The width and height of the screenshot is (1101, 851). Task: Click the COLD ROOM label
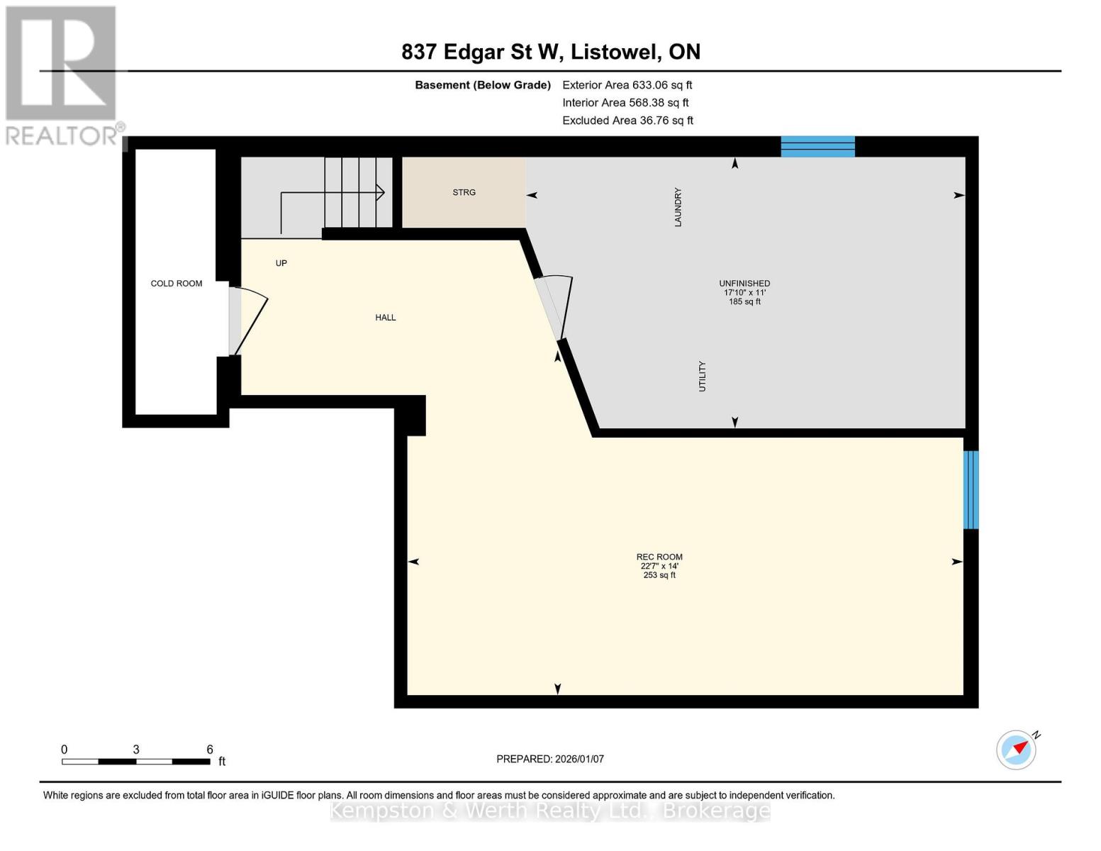(177, 284)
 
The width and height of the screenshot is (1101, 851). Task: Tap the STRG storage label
(464, 192)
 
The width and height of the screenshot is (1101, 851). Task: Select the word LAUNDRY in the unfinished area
(678, 207)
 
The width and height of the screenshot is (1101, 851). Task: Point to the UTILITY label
(703, 376)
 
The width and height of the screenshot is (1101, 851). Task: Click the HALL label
(386, 317)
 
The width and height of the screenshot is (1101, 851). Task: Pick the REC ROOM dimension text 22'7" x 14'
(660, 566)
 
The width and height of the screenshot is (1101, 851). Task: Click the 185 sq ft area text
(745, 301)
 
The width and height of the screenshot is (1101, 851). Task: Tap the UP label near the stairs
(281, 263)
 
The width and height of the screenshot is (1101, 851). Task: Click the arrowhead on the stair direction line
(381, 193)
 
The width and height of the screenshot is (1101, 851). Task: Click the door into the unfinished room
(555, 307)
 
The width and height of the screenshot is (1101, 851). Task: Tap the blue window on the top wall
(817, 147)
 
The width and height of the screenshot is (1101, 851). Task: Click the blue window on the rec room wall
(971, 489)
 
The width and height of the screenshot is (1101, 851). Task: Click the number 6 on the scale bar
(210, 749)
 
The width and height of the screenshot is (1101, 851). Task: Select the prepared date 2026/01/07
(580, 760)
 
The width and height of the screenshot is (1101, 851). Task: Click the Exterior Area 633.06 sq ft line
(627, 85)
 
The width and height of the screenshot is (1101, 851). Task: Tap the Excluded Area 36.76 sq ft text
(627, 121)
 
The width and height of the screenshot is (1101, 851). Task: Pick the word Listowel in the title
(616, 52)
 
